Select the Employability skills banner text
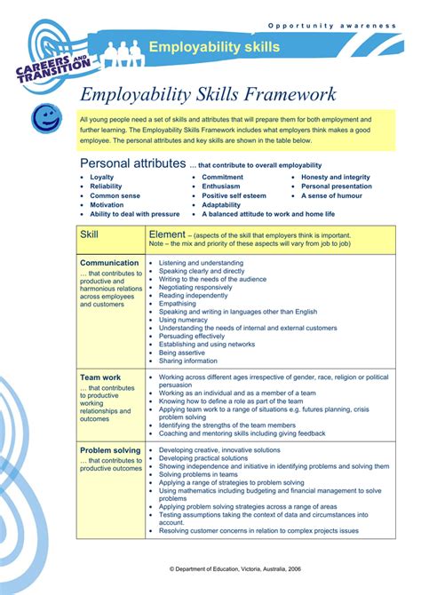[214, 46]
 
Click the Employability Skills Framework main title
[208, 94]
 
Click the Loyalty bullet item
[101, 178]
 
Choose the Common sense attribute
[115, 195]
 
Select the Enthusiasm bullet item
[221, 186]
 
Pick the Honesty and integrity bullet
[336, 178]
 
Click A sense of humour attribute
[332, 195]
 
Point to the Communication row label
[109, 263]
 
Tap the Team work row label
[100, 377]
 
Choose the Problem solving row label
[110, 450]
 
